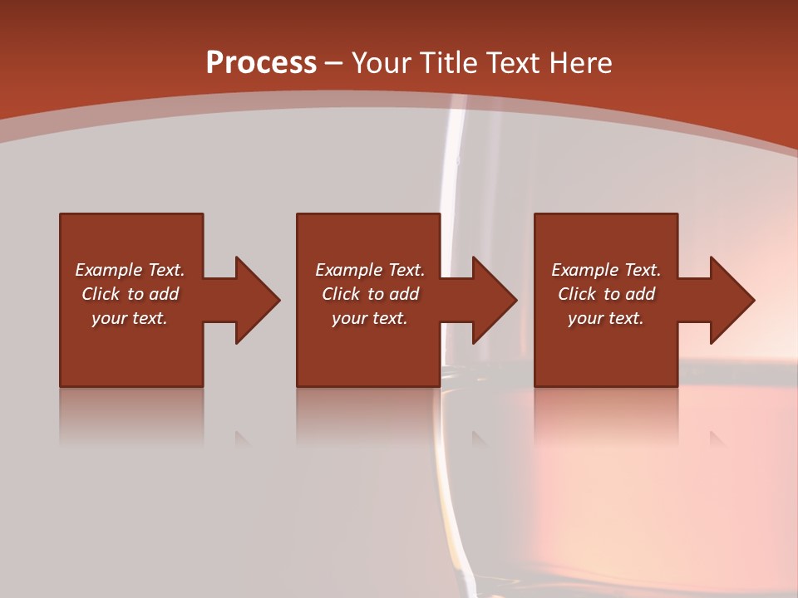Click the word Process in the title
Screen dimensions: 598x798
tap(261, 63)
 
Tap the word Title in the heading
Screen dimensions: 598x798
tap(449, 63)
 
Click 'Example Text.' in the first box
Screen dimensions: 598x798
tap(130, 270)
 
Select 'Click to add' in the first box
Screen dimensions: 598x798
tap(130, 294)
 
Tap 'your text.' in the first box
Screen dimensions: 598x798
tap(130, 318)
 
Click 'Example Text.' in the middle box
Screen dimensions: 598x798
tap(370, 270)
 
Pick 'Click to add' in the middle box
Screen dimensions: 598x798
tap(370, 294)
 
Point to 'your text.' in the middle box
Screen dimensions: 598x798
tap(370, 318)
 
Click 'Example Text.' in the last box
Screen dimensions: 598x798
tap(606, 270)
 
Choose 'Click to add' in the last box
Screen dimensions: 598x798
tap(606, 294)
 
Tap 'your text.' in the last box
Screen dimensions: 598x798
tap(606, 318)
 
